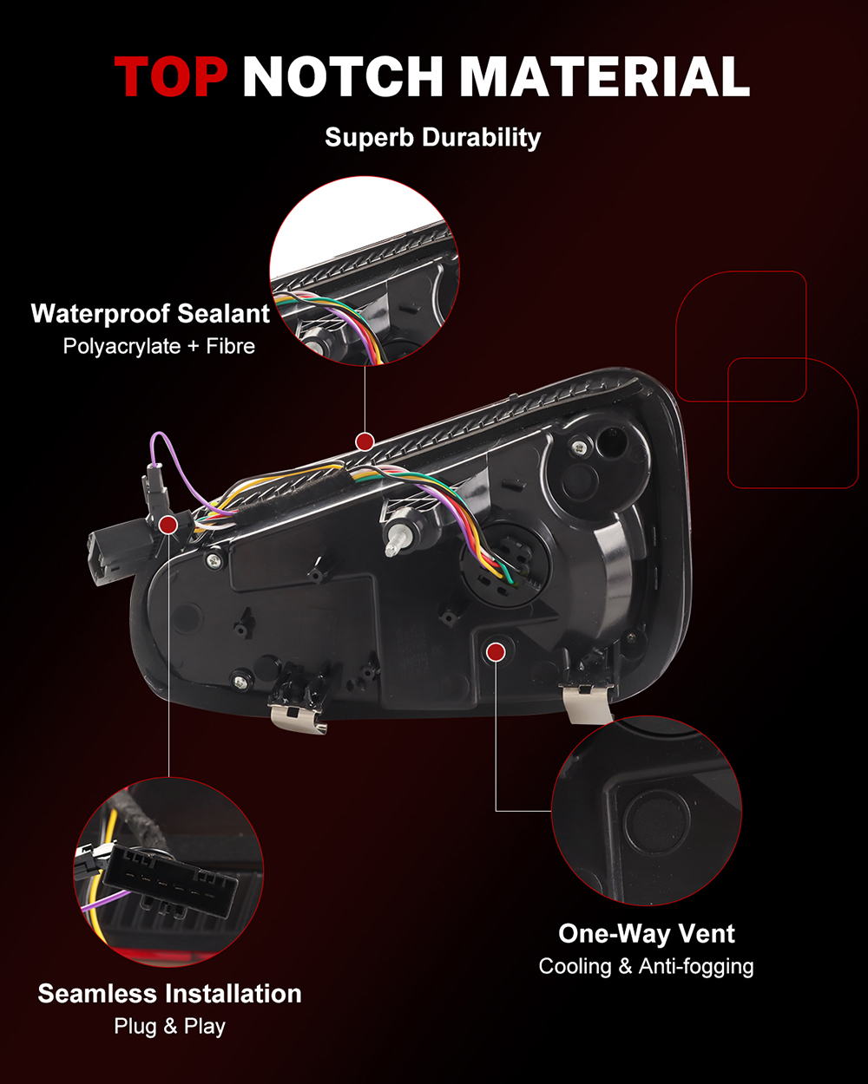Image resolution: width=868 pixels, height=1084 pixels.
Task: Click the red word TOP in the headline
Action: pos(171,76)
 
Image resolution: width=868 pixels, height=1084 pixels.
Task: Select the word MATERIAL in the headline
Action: pos(605,76)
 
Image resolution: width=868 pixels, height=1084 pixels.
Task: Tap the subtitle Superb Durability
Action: pos(433,138)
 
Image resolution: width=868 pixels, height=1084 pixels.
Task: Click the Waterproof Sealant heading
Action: pos(150,313)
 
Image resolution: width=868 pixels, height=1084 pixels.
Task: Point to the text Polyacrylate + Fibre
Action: pos(159,347)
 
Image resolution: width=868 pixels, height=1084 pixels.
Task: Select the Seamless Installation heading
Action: pos(169,994)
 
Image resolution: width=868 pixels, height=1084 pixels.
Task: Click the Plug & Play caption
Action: pos(169,1027)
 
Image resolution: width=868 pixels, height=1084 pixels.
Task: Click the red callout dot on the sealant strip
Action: pos(365,441)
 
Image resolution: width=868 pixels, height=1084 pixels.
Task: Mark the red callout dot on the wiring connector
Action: pos(168,525)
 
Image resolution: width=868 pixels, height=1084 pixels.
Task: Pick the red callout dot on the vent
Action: pos(496,653)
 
